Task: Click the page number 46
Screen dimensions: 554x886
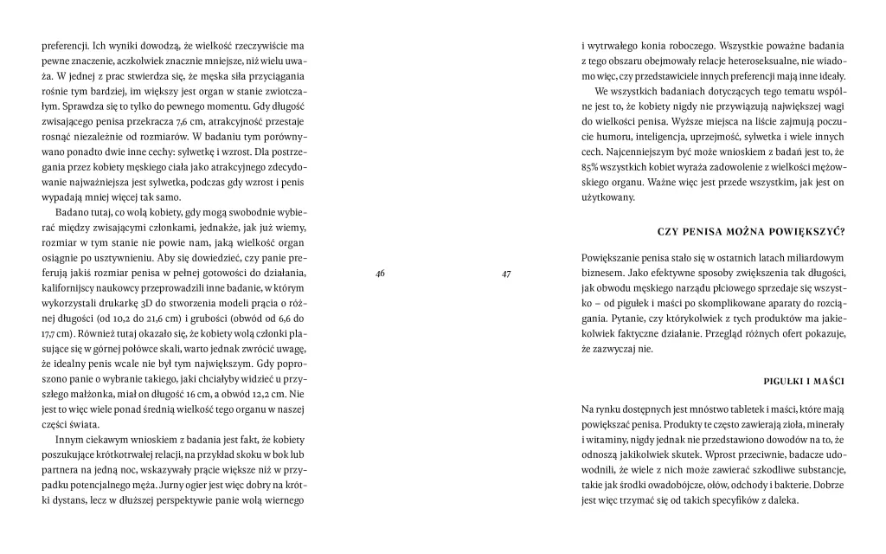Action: (x=380, y=274)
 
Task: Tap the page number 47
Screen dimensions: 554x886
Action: (x=506, y=274)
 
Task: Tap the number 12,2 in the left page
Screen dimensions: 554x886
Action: (x=228, y=394)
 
